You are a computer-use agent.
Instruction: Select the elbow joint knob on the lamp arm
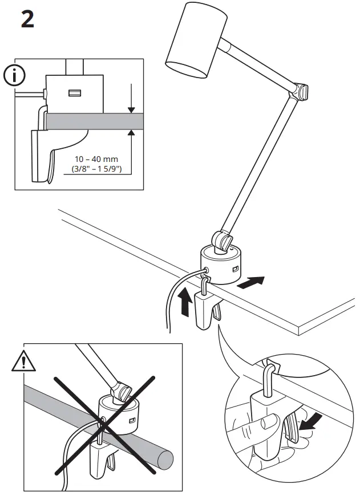click(x=302, y=91)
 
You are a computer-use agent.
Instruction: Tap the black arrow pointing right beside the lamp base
click(x=251, y=282)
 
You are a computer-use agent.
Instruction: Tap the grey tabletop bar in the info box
click(x=94, y=121)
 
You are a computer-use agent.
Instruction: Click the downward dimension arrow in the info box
click(x=131, y=98)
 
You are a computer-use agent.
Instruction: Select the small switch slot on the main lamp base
click(x=235, y=267)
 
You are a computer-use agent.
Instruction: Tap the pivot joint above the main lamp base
click(x=223, y=239)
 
